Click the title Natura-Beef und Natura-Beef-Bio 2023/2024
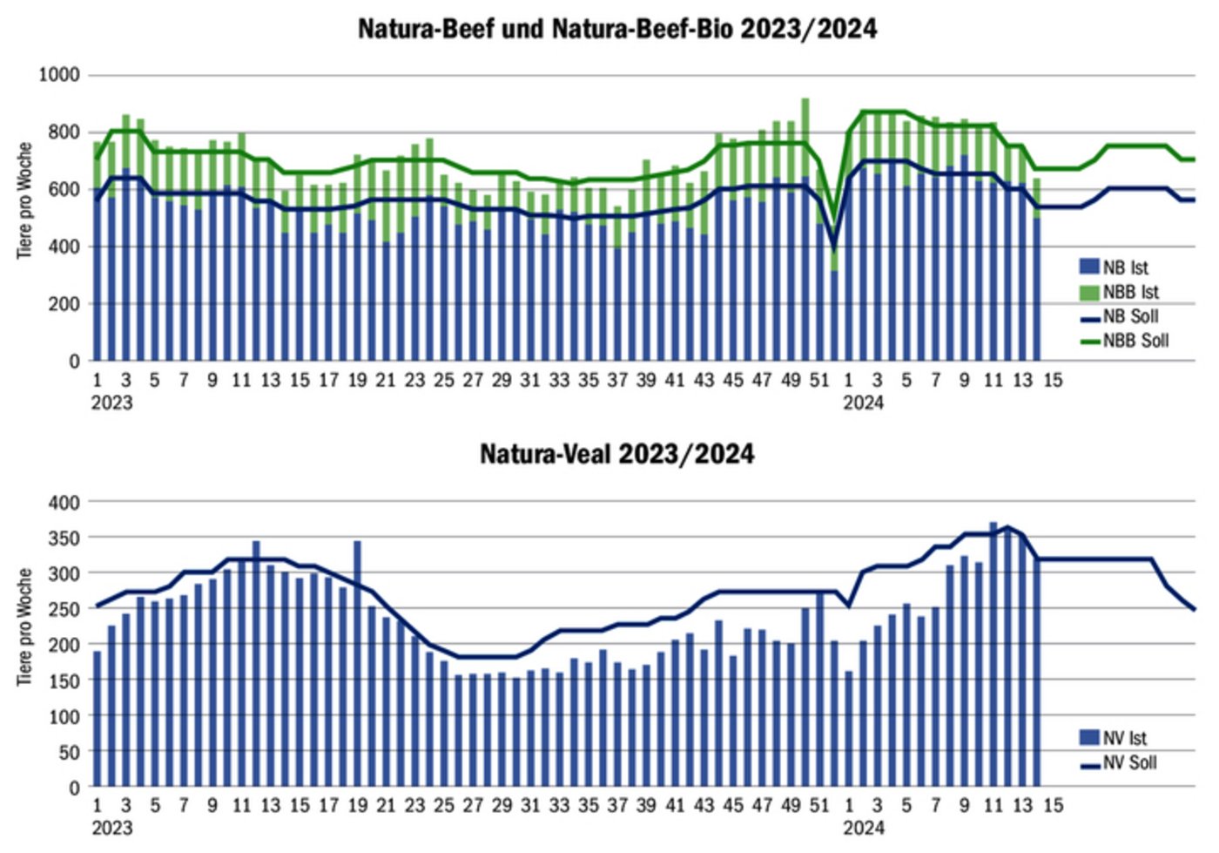616,29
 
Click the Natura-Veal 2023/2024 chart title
616,454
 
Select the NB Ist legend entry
1124,267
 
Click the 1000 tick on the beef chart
59,75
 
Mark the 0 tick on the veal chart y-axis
74,788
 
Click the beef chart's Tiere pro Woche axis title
24,200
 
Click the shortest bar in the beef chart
833,314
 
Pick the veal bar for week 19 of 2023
357,662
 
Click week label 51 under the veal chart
819,805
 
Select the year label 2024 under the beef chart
863,403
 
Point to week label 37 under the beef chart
617,381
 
